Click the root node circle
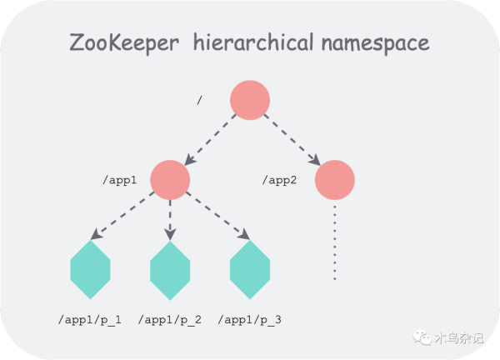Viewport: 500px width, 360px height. click(x=250, y=100)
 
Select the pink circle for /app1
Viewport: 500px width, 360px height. click(x=171, y=180)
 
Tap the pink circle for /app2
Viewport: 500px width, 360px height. click(x=335, y=180)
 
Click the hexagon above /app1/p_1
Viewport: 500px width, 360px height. click(x=91, y=270)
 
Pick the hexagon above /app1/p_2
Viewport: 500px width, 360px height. click(x=171, y=270)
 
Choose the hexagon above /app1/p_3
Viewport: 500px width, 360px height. click(x=251, y=270)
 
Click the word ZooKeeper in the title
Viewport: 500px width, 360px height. click(x=124, y=44)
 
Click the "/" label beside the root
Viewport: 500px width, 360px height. click(x=200, y=101)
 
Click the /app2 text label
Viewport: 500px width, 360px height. click(x=281, y=180)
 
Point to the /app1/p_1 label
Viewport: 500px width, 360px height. click(x=90, y=320)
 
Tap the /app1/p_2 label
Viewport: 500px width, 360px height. click(x=170, y=320)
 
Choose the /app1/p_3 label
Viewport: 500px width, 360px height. click(x=250, y=320)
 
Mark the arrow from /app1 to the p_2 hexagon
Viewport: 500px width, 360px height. click(x=171, y=220)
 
